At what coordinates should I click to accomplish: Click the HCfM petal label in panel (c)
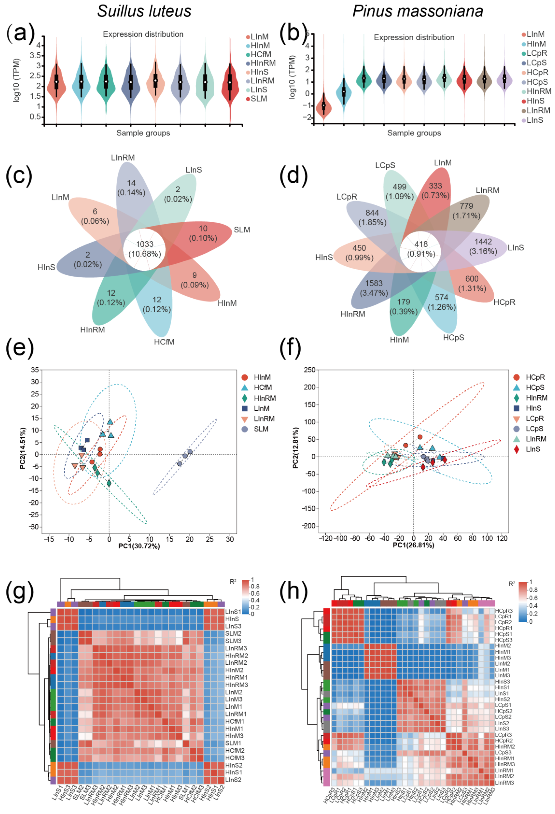[x=164, y=342]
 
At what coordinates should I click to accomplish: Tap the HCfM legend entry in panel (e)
[x=263, y=387]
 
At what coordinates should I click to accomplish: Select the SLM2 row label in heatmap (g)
[x=233, y=634]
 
